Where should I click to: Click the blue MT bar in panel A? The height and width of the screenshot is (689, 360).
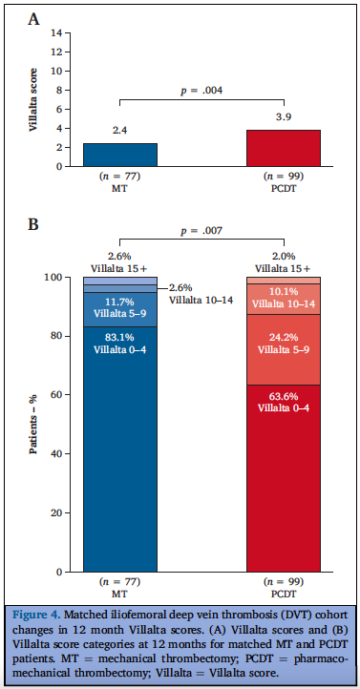tap(120, 155)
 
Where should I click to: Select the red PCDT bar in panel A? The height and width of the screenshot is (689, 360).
tap(284, 148)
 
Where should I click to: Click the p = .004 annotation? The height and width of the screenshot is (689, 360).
tap(201, 91)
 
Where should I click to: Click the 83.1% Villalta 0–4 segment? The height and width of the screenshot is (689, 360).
tap(120, 449)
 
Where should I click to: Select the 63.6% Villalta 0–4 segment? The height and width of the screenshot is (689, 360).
tap(284, 477)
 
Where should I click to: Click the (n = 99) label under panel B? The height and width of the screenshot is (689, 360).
tap(284, 580)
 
